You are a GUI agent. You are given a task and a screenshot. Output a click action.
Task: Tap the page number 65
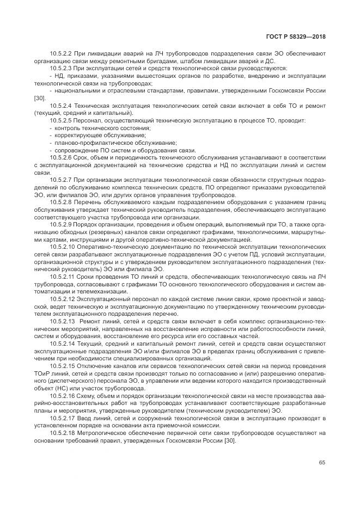(x=322, y=462)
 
